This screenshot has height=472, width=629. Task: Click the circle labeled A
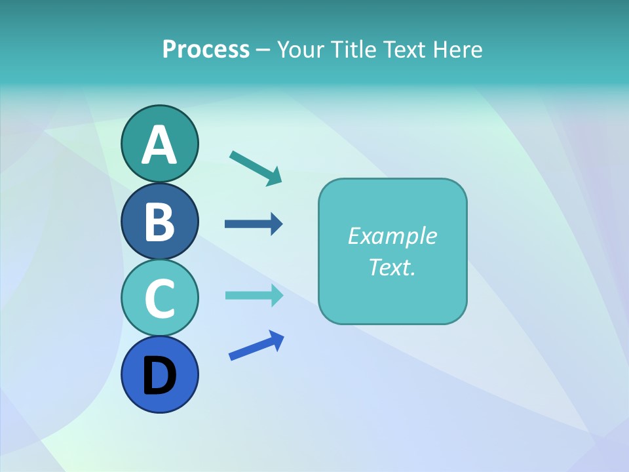point(159,143)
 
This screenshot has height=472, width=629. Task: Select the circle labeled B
point(159,221)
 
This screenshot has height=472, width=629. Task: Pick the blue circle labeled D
point(159,374)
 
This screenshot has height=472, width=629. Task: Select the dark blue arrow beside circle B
point(253,224)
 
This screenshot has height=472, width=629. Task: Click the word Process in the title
point(206,50)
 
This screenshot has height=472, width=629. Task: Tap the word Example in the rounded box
point(392,236)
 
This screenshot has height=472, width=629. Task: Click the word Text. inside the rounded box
point(392,267)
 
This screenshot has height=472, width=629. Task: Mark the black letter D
point(159,376)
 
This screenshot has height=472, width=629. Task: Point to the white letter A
point(159,145)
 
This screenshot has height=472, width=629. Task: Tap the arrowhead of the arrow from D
point(276,340)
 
